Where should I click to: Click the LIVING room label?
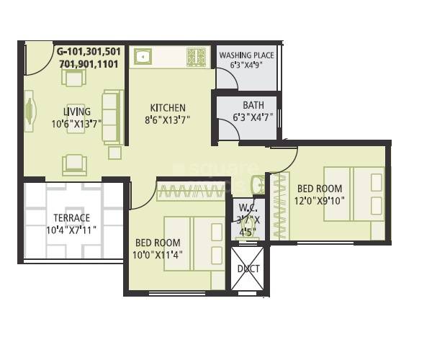77,112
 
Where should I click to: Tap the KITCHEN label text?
167,108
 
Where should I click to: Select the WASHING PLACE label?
246,55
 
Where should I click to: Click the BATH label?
253,105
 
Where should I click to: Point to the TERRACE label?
71,217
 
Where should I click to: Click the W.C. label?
246,209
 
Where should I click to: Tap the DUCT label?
248,269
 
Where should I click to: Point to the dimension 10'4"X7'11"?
71,230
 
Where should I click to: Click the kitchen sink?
140,57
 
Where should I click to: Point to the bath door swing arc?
229,130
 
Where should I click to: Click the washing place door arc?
226,79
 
